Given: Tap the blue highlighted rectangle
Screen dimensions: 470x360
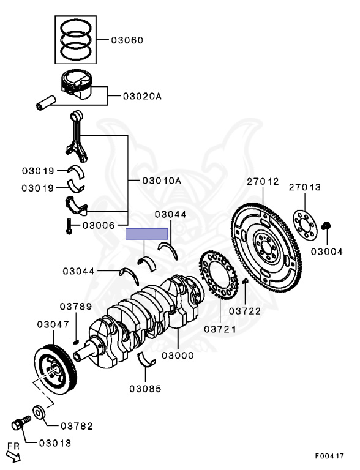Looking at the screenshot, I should point(146,234).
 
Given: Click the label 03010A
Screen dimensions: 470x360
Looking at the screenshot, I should point(162,181).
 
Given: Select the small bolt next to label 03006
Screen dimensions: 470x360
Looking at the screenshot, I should point(69,227).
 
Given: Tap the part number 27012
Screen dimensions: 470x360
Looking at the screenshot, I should point(263,182).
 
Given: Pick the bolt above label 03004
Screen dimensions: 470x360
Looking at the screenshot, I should point(327,226).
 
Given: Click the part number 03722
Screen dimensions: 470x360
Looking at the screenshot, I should point(245,311).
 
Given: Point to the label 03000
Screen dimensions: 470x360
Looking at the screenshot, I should point(178,355).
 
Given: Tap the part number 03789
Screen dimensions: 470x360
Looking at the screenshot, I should point(75,306).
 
